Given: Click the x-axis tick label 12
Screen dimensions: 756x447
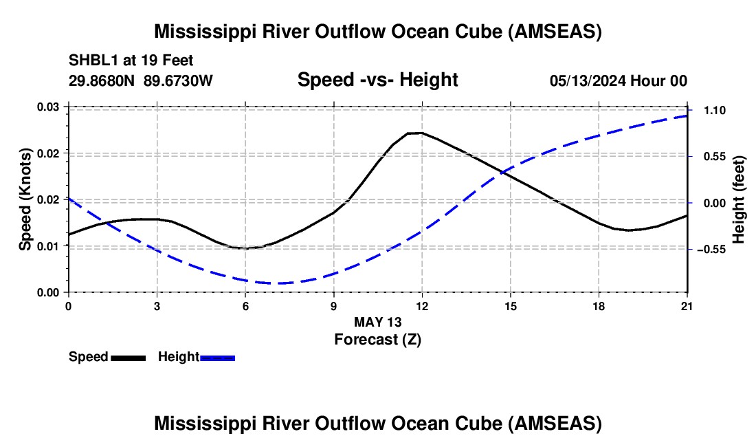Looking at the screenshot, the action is pos(423,306).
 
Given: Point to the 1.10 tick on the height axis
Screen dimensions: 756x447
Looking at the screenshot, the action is pos(715,111).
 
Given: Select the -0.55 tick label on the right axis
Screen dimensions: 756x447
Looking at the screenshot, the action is pos(711,250).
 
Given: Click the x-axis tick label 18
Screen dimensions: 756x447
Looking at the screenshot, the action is pos(599,306).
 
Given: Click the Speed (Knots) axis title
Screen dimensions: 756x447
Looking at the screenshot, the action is pos(25,199).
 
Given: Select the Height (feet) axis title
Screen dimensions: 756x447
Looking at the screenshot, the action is pos(739,199).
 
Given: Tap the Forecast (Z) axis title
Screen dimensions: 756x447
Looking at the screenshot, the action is pos(378,340).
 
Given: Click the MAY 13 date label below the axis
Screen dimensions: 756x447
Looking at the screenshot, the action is pos(378,322).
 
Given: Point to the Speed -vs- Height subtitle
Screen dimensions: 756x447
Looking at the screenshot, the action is pos(378,80).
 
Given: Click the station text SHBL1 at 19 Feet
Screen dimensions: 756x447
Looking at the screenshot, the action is pos(131,61).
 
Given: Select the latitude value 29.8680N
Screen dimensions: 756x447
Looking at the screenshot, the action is pos(102,80).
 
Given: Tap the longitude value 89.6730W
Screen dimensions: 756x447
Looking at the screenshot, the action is pos(178,80).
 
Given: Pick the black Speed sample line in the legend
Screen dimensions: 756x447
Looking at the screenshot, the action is pos(129,358).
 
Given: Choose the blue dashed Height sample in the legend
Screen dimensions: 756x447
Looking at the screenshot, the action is pos(217,358).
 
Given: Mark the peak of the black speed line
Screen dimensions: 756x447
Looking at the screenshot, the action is pos(416,133).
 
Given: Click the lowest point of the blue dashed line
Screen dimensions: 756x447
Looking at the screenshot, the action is pos(278,283).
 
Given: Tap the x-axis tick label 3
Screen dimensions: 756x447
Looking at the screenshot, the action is pos(157,306).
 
